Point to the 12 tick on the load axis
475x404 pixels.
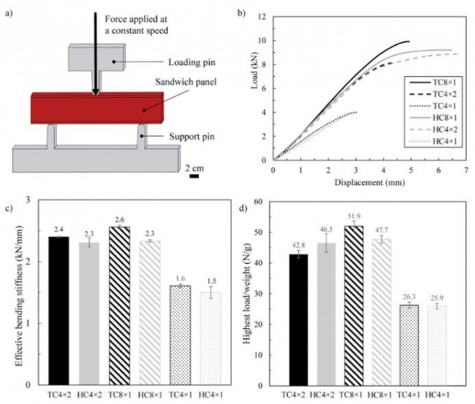(266, 15)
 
